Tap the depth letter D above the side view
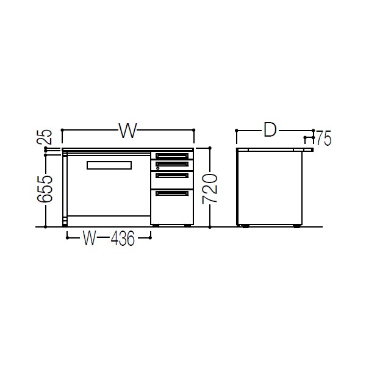[270, 130]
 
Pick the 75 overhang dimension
[323, 140]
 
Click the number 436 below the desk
[122, 239]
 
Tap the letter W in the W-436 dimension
[90, 239]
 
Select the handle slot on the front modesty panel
[109, 165]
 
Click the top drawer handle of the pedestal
[172, 156]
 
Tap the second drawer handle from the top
[172, 163]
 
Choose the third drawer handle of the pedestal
[172, 176]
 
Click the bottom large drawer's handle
[172, 193]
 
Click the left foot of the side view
[245, 226]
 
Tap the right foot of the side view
[296, 226]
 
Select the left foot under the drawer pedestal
[156, 226]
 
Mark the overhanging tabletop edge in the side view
[308, 149]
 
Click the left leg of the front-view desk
[65, 189]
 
